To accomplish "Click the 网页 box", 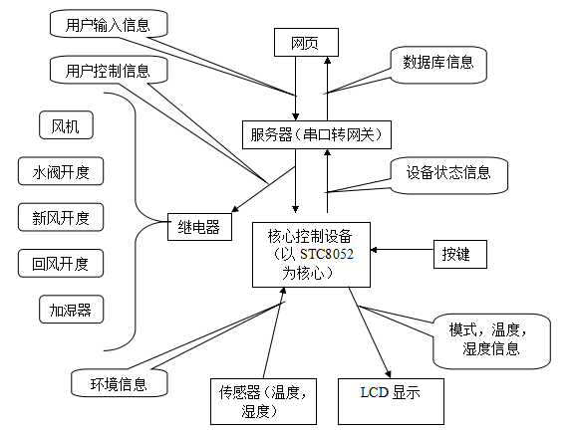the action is [x=306, y=43].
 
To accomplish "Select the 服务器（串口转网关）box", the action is [x=317, y=134].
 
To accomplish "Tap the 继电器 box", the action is [x=199, y=227].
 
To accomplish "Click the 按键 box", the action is [x=460, y=254].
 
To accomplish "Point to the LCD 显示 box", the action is [x=391, y=401].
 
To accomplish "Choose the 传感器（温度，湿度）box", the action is [x=263, y=401].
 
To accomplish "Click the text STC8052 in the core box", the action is [x=327, y=254].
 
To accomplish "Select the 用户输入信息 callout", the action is [x=109, y=24].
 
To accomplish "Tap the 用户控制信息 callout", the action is [x=109, y=70].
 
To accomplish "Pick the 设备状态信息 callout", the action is [x=449, y=175].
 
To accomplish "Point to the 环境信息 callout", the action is [x=120, y=382].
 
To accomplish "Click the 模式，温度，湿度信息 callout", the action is [x=491, y=341].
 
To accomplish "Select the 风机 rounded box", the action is [x=66, y=125].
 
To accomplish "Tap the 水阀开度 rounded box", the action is [x=61, y=171].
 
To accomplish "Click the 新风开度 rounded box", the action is [x=61, y=217].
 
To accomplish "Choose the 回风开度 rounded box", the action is [x=61, y=264].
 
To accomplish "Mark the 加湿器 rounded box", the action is [x=72, y=310].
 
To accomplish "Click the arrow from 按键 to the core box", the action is [x=402, y=250].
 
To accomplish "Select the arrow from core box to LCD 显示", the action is [x=370, y=332].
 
